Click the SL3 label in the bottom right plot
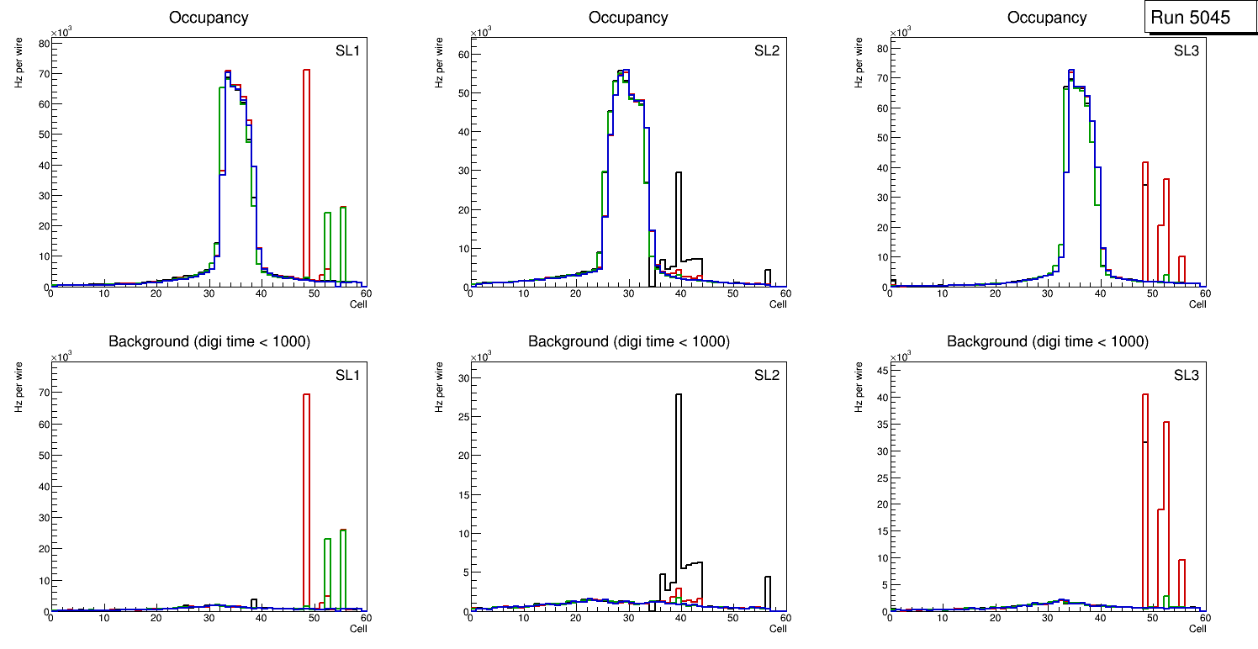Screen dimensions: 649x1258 pos(1187,374)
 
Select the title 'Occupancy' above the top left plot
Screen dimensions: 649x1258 pos(209,18)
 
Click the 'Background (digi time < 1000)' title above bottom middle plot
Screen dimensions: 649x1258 pos(628,341)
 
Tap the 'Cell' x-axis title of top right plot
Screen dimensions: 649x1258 pos(1197,304)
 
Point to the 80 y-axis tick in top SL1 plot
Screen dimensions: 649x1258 pos(42,43)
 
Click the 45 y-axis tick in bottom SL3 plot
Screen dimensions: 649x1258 pos(880,371)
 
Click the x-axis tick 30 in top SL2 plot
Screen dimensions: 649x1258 pos(627,294)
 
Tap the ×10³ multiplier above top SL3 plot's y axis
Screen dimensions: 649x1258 pos(901,33)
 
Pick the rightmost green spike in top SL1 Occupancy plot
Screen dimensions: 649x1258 pos(343,244)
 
